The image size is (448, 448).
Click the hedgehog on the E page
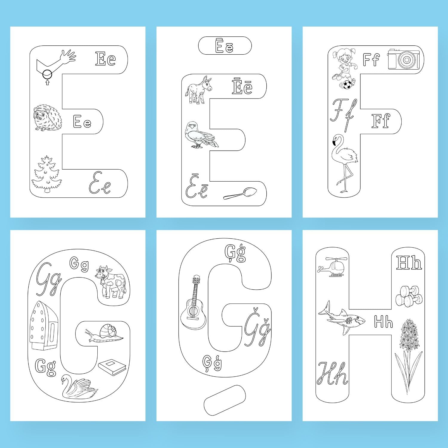[48, 118]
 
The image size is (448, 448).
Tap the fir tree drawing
[47, 174]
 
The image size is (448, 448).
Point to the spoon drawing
[240, 193]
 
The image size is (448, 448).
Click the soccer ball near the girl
[347, 85]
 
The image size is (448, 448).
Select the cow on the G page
[111, 282]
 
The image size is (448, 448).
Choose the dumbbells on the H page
[409, 296]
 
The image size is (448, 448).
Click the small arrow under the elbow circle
[47, 82]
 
